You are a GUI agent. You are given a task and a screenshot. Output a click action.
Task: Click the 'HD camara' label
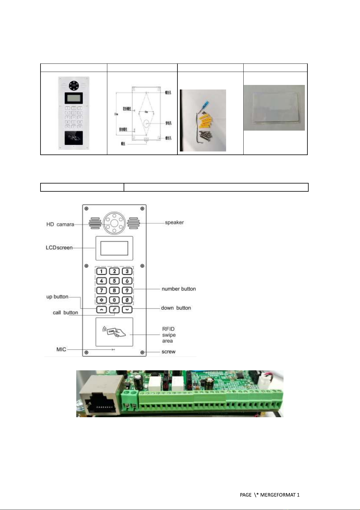pyautogui.click(x=60, y=224)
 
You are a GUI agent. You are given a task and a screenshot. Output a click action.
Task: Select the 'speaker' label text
pyautogui.click(x=174, y=223)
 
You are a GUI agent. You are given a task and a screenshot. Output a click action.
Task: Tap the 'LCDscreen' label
pyautogui.click(x=59, y=248)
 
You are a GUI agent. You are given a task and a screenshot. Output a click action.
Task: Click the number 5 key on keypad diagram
pyautogui.click(x=114, y=281)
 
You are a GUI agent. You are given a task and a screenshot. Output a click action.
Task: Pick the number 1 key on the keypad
pyautogui.click(x=102, y=271)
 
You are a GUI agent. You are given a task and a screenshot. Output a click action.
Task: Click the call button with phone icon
pyautogui.click(x=114, y=310)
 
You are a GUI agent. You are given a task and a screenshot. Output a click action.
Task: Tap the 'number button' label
pyautogui.click(x=179, y=289)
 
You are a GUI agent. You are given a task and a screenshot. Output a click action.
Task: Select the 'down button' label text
pyautogui.click(x=176, y=308)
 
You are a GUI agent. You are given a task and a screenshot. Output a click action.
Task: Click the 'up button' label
pyautogui.click(x=57, y=297)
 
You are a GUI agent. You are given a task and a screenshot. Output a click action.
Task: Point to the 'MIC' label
pyautogui.click(x=61, y=349)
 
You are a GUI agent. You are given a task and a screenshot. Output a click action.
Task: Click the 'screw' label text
pyautogui.click(x=168, y=352)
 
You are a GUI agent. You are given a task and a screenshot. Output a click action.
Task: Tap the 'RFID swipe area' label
pyautogui.click(x=169, y=335)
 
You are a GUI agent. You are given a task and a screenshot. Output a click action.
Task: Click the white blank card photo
pyautogui.click(x=274, y=108)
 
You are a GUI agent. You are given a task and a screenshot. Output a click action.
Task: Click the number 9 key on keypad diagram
pyautogui.click(x=127, y=291)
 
